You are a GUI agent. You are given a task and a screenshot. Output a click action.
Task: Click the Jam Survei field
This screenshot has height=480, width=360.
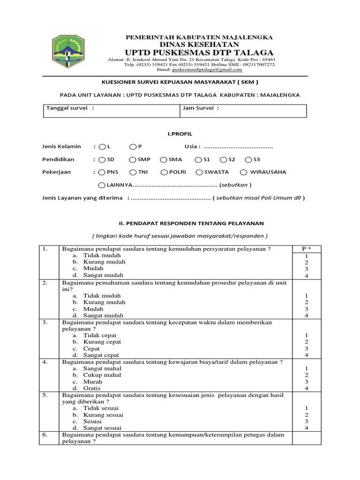pyautogui.click(x=243, y=111)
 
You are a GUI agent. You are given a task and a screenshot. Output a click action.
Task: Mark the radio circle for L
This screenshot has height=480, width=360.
pyautogui.click(x=102, y=147)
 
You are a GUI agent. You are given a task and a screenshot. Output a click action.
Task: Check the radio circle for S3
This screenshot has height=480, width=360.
pyautogui.click(x=249, y=159)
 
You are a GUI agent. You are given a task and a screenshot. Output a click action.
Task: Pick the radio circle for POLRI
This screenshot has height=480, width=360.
pyautogui.click(x=164, y=172)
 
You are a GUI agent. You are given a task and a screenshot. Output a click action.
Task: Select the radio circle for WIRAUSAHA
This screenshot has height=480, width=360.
pyautogui.click(x=244, y=172)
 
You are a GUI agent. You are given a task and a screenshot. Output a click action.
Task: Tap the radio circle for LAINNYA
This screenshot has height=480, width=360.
pyautogui.click(x=102, y=185)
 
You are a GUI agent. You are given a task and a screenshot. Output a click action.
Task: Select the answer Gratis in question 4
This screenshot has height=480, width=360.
pyautogui.click(x=92, y=388)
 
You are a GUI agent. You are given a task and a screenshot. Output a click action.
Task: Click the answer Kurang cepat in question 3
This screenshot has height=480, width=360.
pyautogui.click(x=102, y=342)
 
